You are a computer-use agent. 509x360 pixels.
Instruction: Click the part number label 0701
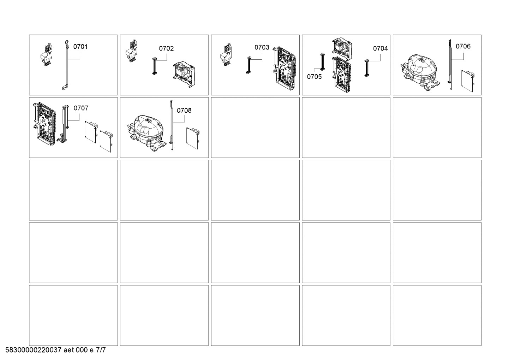pyautogui.click(x=80, y=47)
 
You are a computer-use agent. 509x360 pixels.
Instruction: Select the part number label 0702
pyautogui.click(x=166, y=48)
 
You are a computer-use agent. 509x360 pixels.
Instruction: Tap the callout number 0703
pyautogui.click(x=262, y=47)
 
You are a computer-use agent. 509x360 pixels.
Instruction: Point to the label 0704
pyautogui.click(x=380, y=48)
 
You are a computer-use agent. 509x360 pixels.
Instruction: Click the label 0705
pyautogui.click(x=314, y=77)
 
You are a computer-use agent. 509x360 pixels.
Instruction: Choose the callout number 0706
pyautogui.click(x=463, y=46)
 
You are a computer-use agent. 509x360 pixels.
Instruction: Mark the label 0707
pyautogui.click(x=81, y=108)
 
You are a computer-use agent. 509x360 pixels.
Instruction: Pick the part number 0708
pyautogui.click(x=184, y=111)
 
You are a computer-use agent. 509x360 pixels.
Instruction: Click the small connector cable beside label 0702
pyautogui.click(x=154, y=66)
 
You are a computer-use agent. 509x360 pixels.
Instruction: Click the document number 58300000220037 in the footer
pyautogui.click(x=34, y=350)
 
